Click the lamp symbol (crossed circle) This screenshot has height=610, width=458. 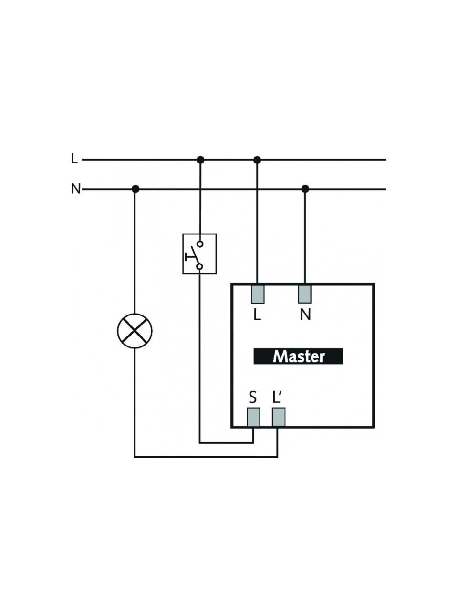pyautogui.click(x=135, y=331)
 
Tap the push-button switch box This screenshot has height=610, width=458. pyautogui.click(x=199, y=254)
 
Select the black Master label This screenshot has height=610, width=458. pyautogui.click(x=298, y=356)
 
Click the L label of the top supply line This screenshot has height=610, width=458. pyautogui.click(x=74, y=158)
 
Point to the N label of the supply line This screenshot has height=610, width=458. pyautogui.click(x=76, y=189)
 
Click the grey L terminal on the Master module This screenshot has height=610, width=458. pyautogui.click(x=258, y=294)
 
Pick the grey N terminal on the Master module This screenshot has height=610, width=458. pyautogui.click(x=305, y=294)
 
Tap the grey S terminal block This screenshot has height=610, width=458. pyautogui.click(x=254, y=417)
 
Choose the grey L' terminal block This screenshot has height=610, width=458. pyautogui.click(x=279, y=417)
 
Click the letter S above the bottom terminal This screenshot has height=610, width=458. pyautogui.click(x=253, y=397)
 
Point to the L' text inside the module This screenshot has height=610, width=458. pyautogui.click(x=277, y=397)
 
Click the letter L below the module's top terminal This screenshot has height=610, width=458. pyautogui.click(x=257, y=315)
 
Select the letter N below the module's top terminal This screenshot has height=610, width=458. pyautogui.click(x=305, y=315)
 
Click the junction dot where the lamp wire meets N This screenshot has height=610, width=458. pyautogui.click(x=135, y=189)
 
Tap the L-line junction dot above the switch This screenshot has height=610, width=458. pyautogui.click(x=200, y=160)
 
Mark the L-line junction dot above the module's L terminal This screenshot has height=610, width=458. pyautogui.click(x=257, y=160)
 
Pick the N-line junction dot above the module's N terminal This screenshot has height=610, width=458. pyautogui.click(x=305, y=189)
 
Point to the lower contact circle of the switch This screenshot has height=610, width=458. pyautogui.click(x=200, y=267)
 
